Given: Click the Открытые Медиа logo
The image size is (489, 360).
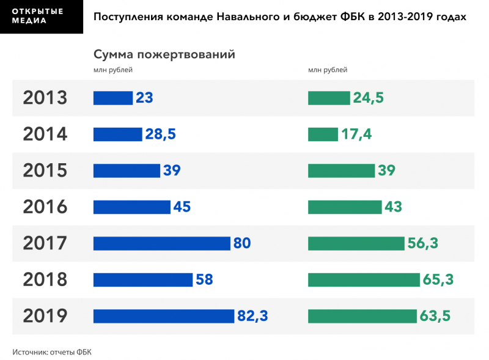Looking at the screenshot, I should pos(41,17).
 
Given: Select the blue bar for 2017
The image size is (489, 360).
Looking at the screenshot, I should pos(162,243).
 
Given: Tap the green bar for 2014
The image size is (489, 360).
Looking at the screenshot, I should pos(323,134).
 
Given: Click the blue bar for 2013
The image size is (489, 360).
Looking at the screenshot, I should pos(113,98).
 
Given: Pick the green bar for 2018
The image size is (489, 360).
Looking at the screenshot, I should pos(364,280).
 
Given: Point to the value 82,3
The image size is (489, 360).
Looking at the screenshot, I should pos(252,316).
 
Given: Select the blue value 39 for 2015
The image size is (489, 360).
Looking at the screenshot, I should pos(172,171).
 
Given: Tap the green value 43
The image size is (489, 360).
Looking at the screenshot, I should pos(393,207).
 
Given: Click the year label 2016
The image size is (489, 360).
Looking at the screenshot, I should pos(45,207).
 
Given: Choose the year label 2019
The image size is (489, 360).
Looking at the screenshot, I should pos(45,316).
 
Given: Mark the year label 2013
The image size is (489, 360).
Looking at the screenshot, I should pos(45,98).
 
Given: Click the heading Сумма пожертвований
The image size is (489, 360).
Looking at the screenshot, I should pos(164,54).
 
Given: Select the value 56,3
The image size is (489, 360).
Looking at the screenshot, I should pos(423,243).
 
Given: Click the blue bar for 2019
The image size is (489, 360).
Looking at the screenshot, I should pos(164,316).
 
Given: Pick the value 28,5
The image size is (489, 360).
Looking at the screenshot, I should pos(160,134).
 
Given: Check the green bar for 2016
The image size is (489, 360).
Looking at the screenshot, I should pos(345,207).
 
